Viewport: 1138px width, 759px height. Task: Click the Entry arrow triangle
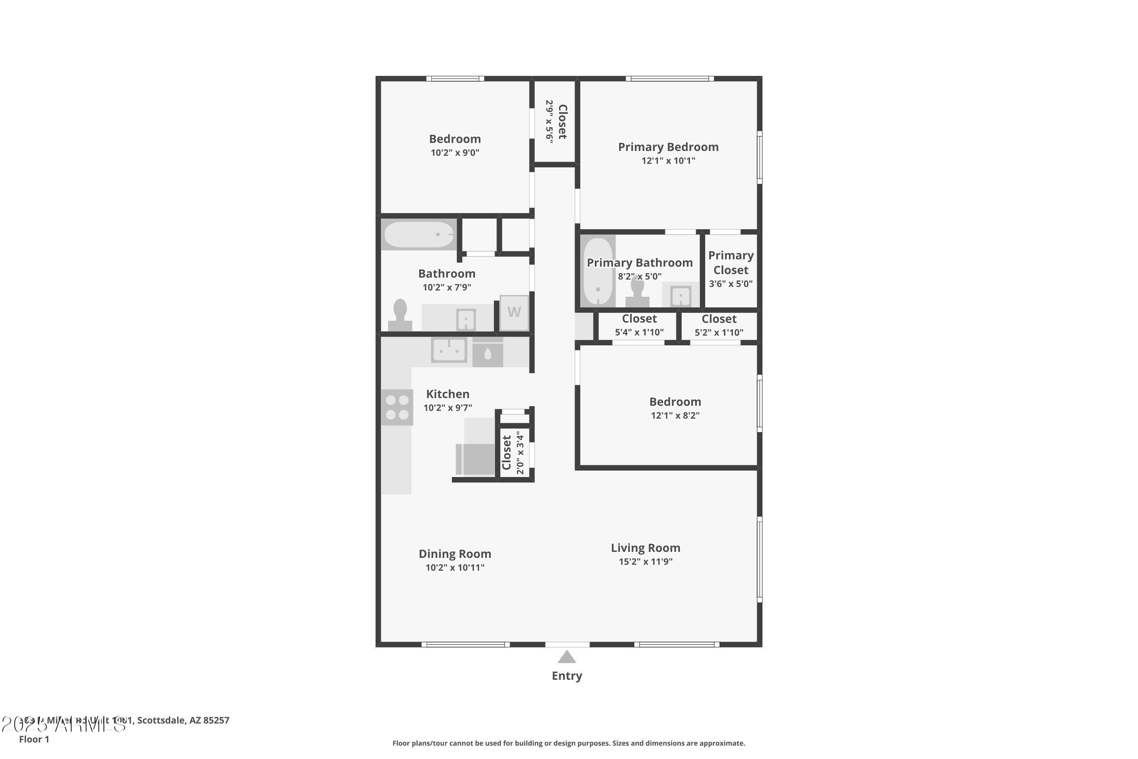click(567, 657)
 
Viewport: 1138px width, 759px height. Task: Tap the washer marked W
click(514, 312)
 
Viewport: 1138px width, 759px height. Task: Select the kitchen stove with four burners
click(397, 407)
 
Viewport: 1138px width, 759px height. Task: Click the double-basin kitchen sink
click(449, 350)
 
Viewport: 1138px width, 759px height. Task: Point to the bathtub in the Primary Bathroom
click(598, 271)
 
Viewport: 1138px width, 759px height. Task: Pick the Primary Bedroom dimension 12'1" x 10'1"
click(668, 161)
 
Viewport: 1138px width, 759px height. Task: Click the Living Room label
click(646, 548)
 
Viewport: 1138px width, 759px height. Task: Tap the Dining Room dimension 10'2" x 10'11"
click(455, 567)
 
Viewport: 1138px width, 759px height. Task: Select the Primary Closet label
click(731, 262)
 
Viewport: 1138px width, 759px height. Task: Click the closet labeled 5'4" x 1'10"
click(639, 332)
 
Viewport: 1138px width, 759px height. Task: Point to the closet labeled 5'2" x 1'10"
click(719, 332)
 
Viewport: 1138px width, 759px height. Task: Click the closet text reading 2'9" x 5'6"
click(549, 121)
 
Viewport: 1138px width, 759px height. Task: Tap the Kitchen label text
click(448, 394)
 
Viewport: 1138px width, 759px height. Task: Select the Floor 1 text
click(34, 739)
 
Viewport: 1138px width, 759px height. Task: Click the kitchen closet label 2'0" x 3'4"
click(520, 453)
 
